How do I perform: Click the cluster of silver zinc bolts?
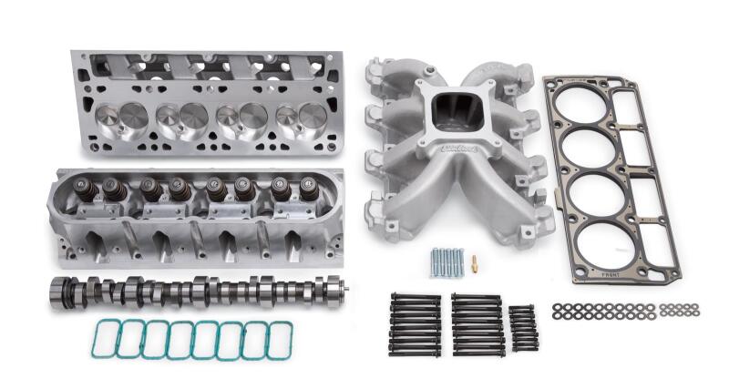click(447, 262)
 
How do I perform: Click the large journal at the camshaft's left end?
click(62, 294)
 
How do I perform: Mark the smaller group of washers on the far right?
click(680, 309)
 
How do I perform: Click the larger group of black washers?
click(602, 311)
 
